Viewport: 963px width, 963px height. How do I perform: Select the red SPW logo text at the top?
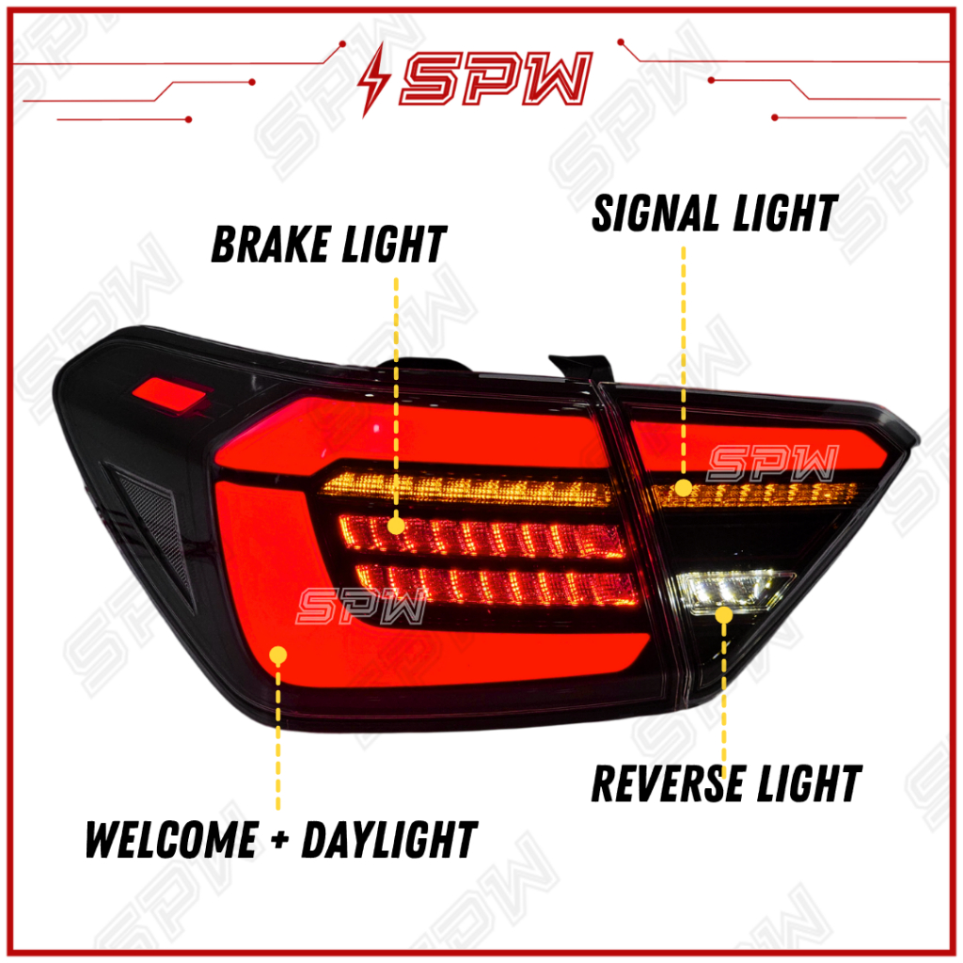pyautogui.click(x=497, y=80)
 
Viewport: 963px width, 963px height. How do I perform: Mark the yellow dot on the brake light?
pyautogui.click(x=397, y=525)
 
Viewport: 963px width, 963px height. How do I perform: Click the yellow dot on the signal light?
pyautogui.click(x=684, y=488)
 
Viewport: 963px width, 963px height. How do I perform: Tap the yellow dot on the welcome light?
pyautogui.click(x=277, y=655)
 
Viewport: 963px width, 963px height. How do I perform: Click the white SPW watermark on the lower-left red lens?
pyautogui.click(x=361, y=608)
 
